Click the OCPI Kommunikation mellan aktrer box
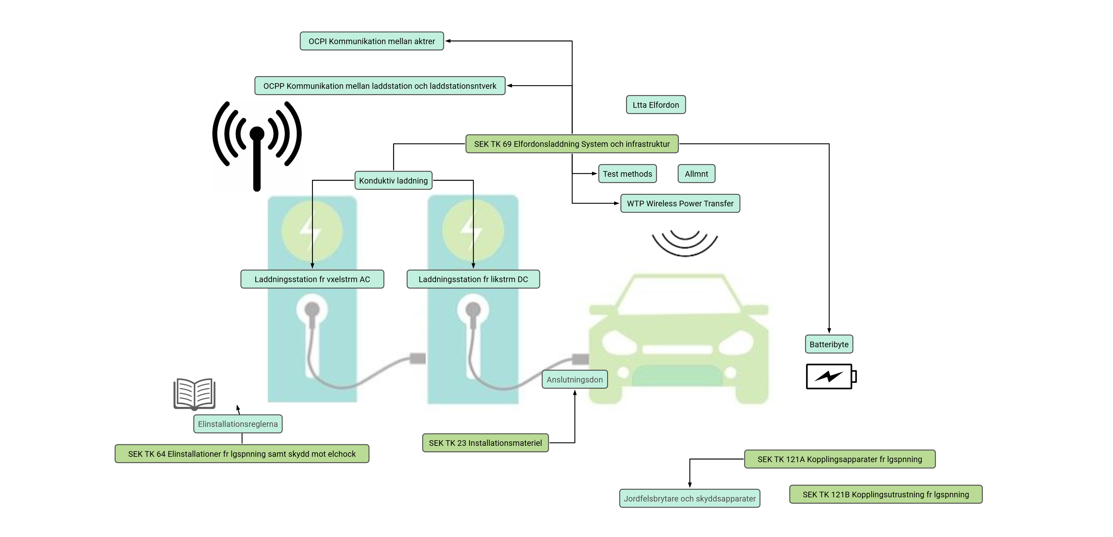coord(371,41)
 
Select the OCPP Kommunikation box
coord(380,86)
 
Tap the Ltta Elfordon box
coord(655,104)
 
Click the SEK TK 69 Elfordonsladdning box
coord(572,144)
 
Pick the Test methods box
coord(627,174)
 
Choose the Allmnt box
coord(696,174)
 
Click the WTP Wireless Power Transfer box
coord(680,203)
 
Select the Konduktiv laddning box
coord(393,181)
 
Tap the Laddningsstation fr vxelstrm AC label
coord(312,279)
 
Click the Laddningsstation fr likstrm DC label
coord(473,279)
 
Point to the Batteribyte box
coord(829,344)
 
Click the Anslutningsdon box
coord(574,379)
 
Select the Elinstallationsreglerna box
coord(238,424)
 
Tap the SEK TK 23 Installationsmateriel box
coord(485,443)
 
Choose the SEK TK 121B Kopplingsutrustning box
coord(886,494)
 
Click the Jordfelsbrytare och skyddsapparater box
coord(690,499)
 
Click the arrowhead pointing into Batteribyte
coord(829,330)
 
